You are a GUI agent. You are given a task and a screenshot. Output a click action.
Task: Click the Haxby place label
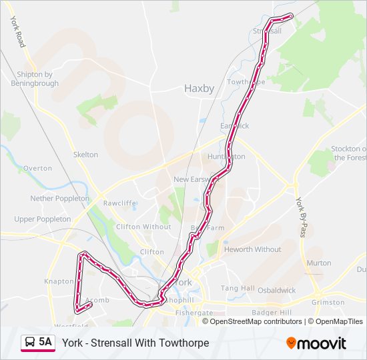[199, 88]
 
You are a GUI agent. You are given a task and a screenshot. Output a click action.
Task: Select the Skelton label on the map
[85, 155]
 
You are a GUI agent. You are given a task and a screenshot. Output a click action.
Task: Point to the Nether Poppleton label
[59, 199]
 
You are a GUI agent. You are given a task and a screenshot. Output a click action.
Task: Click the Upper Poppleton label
[43, 219]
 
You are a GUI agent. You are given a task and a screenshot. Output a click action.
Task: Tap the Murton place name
[319, 263]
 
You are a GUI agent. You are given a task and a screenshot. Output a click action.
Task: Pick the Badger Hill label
[272, 313]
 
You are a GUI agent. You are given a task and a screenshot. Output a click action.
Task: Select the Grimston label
[328, 302]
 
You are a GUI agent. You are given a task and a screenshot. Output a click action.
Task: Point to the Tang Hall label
[238, 289]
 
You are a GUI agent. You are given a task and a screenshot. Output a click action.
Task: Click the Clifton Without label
[143, 227]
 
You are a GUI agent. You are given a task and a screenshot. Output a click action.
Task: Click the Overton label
[37, 169]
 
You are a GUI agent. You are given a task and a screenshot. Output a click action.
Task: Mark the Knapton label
[59, 282]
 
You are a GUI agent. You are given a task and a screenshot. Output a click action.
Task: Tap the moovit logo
[316, 343]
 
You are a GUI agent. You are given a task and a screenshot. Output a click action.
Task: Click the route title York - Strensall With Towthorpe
[135, 343]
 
